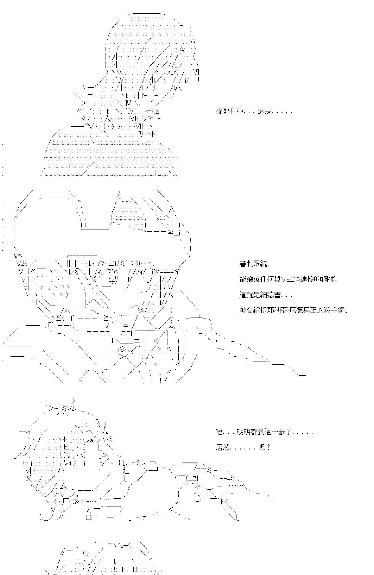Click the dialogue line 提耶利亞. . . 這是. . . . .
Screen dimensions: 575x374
click(254, 111)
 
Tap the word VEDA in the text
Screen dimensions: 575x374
click(290, 279)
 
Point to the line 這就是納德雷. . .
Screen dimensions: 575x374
click(266, 295)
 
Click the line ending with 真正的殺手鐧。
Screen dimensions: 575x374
click(293, 310)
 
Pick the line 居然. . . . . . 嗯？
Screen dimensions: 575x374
click(243, 447)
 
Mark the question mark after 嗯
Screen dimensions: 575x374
click(268, 447)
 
